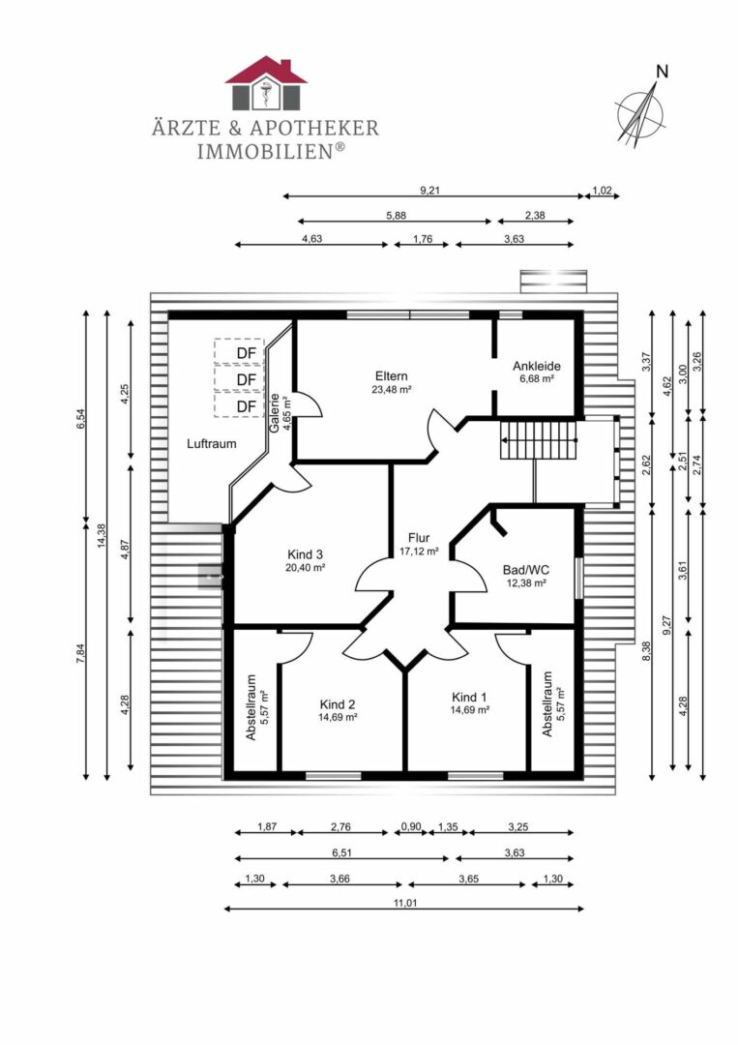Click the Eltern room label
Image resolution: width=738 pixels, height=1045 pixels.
[391, 375]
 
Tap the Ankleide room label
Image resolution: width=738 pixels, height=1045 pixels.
[536, 366]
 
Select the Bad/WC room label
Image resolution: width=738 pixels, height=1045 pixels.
[525, 570]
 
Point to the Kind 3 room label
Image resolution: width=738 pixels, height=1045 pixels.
[305, 554]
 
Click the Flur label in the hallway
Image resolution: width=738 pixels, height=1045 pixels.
[419, 538]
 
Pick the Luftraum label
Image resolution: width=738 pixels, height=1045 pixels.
[211, 444]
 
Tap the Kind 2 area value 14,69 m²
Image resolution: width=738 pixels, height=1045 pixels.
[338, 718]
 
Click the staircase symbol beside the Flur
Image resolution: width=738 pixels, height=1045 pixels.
[538, 440]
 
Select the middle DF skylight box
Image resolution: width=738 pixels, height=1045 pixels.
[240, 378]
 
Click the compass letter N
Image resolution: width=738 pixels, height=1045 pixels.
[662, 72]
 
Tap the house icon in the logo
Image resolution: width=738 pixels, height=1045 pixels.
[266, 82]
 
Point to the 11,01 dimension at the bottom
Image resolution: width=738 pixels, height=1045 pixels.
[404, 903]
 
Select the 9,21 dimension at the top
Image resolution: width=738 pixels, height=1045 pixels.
[430, 191]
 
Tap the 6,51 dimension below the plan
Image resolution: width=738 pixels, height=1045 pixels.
[341, 852]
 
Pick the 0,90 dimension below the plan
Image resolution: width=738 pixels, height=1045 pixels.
[411, 827]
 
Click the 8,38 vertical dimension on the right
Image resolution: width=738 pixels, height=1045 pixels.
[645, 651]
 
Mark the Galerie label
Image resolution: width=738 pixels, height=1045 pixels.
[275, 413]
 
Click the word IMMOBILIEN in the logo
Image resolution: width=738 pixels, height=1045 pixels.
[265, 151]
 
